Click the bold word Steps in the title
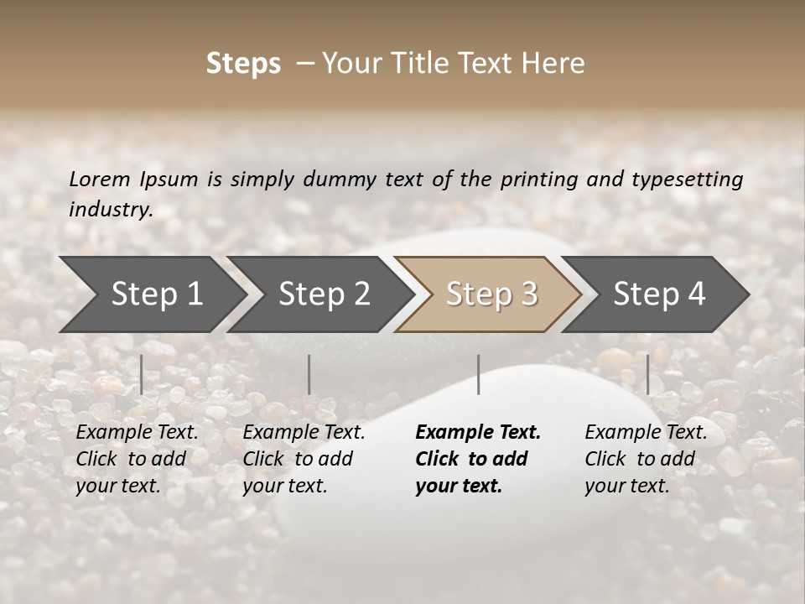click(x=243, y=64)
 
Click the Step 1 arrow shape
click(x=151, y=294)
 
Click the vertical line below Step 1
click(x=142, y=374)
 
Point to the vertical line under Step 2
click(x=309, y=374)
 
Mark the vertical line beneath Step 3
click(x=478, y=374)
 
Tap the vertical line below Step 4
click(x=647, y=374)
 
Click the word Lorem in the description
click(x=100, y=179)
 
